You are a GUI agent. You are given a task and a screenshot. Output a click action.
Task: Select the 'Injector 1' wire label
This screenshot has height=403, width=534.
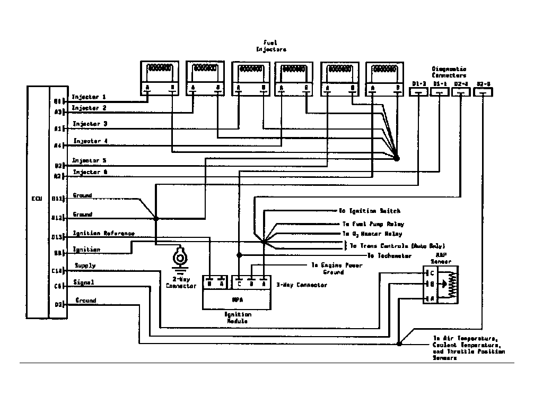89,97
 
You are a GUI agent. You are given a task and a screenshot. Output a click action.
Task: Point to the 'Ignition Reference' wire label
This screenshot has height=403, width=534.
103,234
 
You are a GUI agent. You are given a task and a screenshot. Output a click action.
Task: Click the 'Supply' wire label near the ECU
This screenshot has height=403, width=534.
85,265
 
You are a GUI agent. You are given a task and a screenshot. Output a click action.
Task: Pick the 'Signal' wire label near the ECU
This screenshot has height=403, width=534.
84,282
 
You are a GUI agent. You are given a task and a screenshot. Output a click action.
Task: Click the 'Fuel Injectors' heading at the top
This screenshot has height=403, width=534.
271,46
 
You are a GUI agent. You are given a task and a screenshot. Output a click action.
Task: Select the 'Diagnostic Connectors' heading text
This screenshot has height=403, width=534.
449,72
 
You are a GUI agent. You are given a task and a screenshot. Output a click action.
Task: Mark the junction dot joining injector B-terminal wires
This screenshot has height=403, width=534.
397,158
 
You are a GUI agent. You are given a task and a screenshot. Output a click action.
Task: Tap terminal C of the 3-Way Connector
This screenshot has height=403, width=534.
240,283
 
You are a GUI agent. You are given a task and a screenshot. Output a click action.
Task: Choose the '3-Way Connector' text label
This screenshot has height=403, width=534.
302,285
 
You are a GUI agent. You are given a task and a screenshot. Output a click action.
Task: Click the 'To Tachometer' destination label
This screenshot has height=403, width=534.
390,255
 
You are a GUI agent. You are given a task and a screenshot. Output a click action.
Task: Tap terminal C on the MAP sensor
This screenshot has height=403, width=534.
432,272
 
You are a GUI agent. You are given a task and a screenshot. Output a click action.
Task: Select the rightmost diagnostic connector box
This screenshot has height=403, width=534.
483,92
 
